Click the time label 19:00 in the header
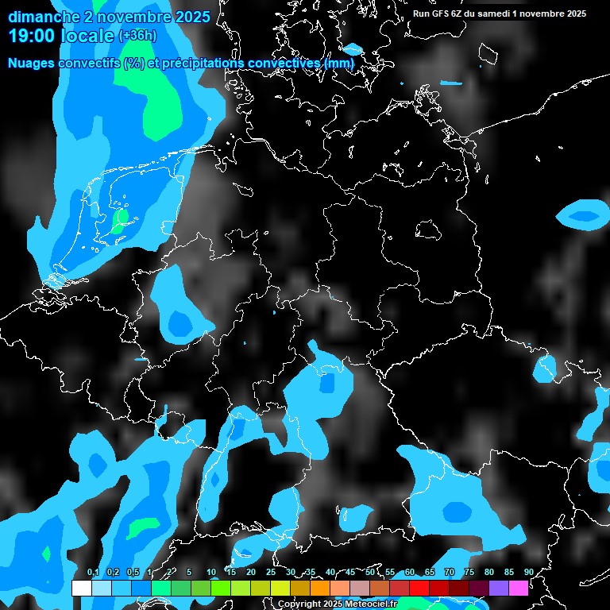(33, 36)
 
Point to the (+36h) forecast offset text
(139, 36)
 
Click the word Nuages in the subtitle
(33, 63)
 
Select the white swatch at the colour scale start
(81, 588)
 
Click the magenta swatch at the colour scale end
(519, 588)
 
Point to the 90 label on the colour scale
(528, 572)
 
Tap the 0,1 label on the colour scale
(93, 572)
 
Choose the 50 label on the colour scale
(370, 572)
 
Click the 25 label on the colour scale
(271, 572)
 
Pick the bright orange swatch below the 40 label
(320, 588)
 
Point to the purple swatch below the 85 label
(499, 588)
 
